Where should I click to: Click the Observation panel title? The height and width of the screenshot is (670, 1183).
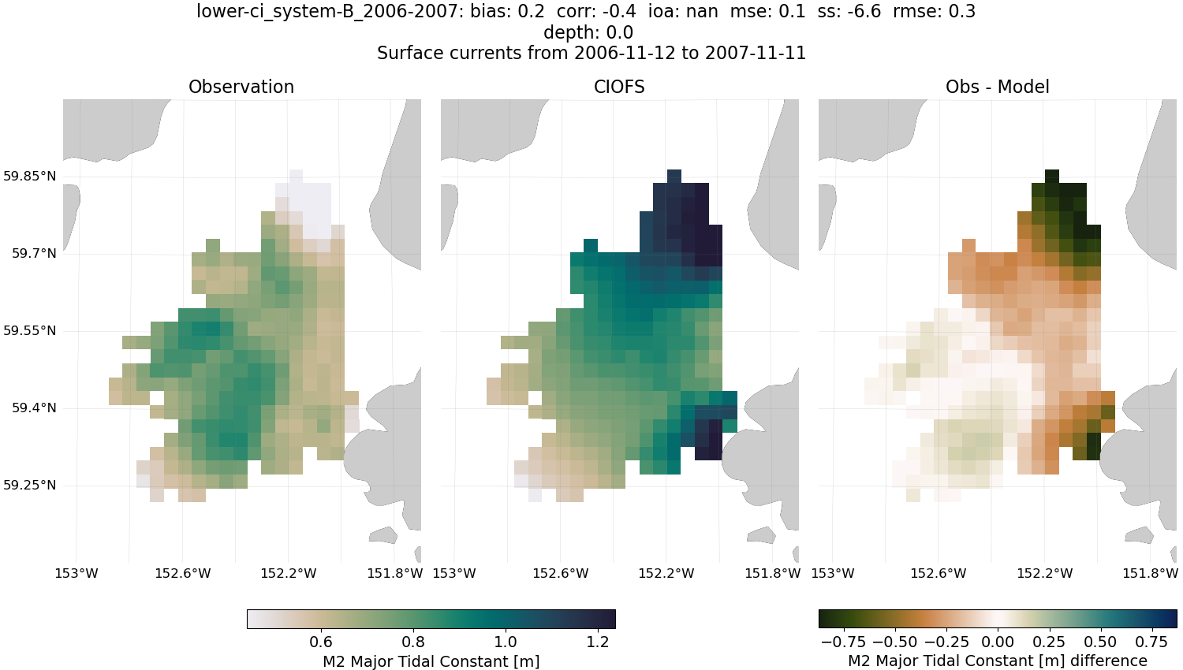[x=241, y=87]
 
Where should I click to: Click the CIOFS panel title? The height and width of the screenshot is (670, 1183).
[x=619, y=87]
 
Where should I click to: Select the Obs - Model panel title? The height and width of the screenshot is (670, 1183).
[x=997, y=87]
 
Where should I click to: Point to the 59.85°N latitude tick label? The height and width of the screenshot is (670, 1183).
[x=30, y=176]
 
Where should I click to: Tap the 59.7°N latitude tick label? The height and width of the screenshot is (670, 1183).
[x=34, y=253]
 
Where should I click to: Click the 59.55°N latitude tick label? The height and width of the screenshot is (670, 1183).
[x=30, y=330]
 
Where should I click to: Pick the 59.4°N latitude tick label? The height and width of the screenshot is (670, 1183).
[x=34, y=408]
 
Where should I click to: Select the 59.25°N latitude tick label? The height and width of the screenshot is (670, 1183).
[x=30, y=485]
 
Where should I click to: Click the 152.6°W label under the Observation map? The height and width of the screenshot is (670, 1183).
[x=183, y=573]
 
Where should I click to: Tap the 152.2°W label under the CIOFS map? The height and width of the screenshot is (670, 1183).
[x=666, y=573]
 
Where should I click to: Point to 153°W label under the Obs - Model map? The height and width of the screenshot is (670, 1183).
[x=833, y=573]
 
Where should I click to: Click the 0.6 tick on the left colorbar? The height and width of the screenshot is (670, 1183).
[x=321, y=642]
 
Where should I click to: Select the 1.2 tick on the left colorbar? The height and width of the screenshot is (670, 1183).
[x=598, y=642]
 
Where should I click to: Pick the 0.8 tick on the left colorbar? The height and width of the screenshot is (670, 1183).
[x=413, y=642]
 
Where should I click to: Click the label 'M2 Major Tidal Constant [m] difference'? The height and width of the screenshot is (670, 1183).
[x=997, y=661]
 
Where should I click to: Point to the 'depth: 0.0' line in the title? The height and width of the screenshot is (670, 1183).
[x=588, y=32]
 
